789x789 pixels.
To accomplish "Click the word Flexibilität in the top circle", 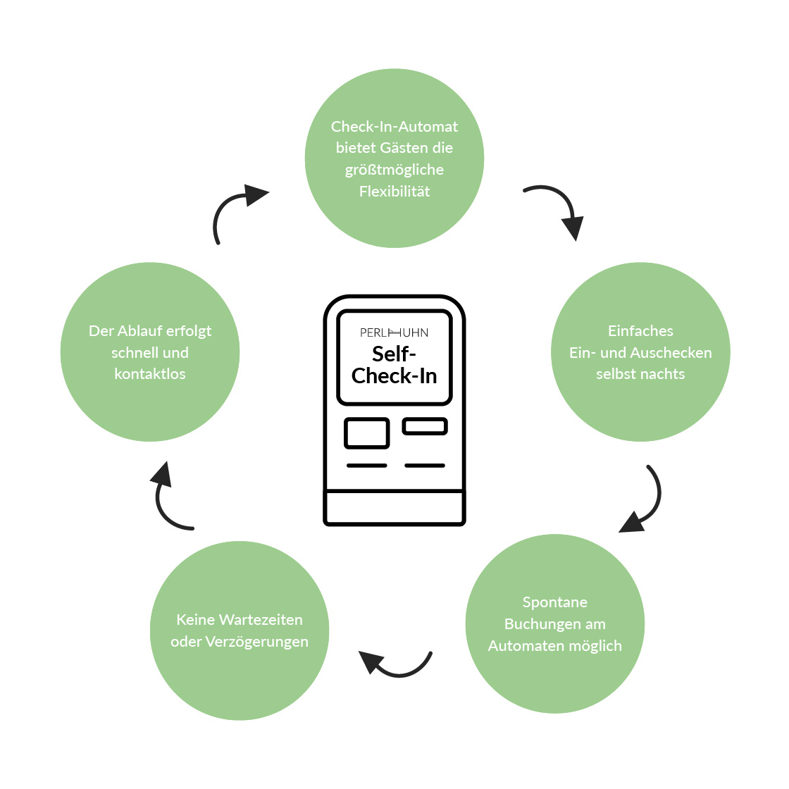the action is click(x=394, y=191).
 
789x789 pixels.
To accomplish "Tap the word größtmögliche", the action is click(x=394, y=170).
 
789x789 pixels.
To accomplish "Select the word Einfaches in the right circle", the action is click(x=640, y=330).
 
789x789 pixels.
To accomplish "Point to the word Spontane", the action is click(x=555, y=602).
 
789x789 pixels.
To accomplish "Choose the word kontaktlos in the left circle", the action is click(x=150, y=374).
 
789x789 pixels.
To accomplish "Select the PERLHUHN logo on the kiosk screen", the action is click(x=394, y=333).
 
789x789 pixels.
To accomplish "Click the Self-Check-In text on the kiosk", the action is click(x=394, y=365).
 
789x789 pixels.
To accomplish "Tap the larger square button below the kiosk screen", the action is click(x=367, y=433).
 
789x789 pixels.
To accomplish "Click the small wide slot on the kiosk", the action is click(x=425, y=426).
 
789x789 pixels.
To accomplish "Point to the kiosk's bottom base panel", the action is click(x=394, y=507).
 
